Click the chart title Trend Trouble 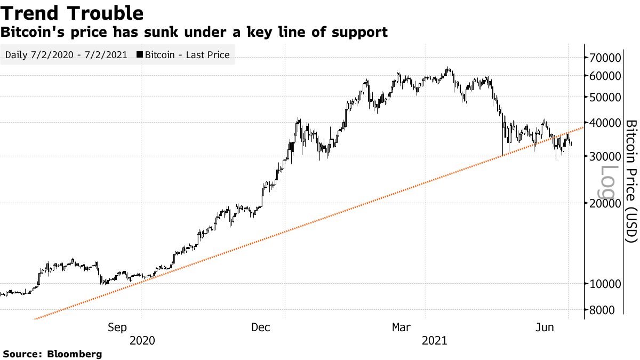click(72, 13)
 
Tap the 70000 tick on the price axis click(605, 58)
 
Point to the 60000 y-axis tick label click(605, 76)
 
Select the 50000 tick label click(605, 97)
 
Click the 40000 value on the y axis click(605, 123)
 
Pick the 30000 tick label click(605, 156)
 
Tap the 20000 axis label click(605, 203)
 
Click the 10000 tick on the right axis click(605, 284)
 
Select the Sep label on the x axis click(117, 327)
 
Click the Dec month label click(262, 327)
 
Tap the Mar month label click(402, 327)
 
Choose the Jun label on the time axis click(545, 327)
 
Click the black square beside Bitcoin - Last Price click(140, 55)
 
